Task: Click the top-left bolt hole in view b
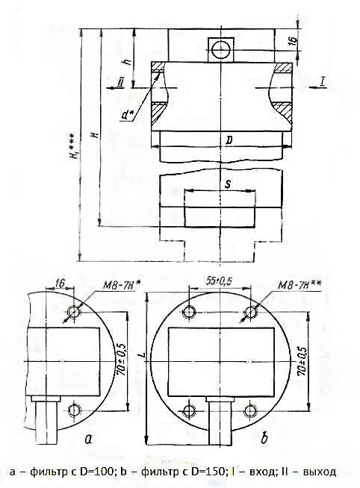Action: coord(190,312)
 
